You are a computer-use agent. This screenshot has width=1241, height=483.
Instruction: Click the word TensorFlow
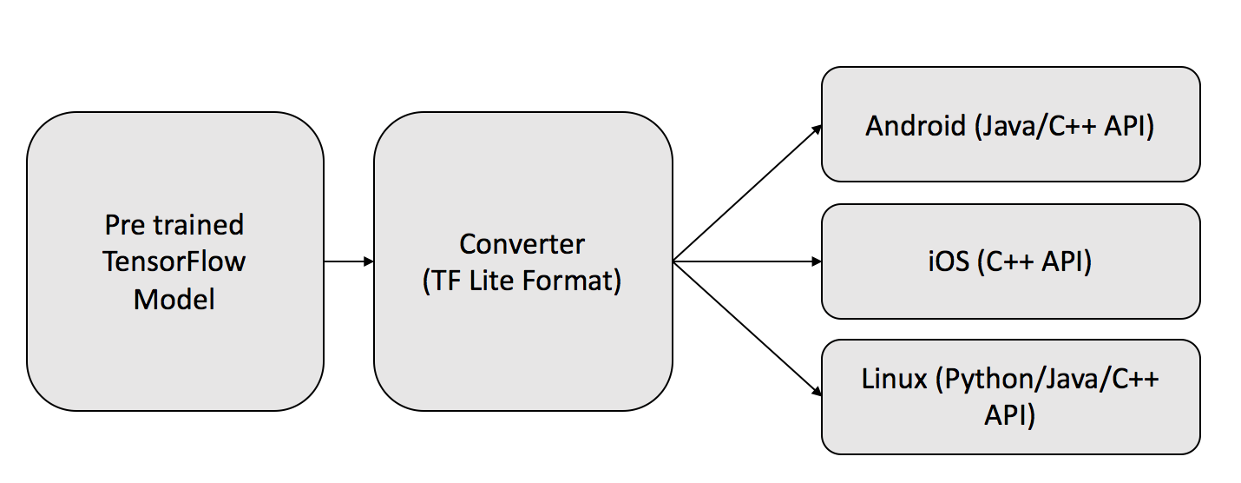click(174, 261)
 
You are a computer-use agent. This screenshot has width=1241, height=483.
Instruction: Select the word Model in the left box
click(174, 300)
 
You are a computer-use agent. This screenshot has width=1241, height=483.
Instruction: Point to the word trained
click(199, 225)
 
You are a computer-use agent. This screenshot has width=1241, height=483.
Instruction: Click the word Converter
click(522, 245)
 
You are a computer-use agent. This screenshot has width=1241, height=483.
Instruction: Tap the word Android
click(916, 126)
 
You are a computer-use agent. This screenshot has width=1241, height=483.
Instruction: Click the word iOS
click(949, 261)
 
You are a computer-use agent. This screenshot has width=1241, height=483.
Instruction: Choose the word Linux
click(894, 380)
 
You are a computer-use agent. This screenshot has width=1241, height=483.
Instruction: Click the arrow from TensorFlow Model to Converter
click(349, 261)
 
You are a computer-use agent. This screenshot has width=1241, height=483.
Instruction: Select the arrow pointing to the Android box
click(747, 193)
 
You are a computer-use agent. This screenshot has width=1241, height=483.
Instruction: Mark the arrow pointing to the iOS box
click(747, 261)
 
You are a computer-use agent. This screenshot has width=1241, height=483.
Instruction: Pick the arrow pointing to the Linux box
click(747, 329)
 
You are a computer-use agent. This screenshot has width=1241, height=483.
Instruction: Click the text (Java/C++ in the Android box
click(1035, 127)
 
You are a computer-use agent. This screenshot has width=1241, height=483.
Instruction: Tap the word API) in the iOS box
click(1067, 262)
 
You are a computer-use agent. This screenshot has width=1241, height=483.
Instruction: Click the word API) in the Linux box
click(1009, 416)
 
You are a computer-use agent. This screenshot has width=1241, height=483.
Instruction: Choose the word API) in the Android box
click(1129, 127)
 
